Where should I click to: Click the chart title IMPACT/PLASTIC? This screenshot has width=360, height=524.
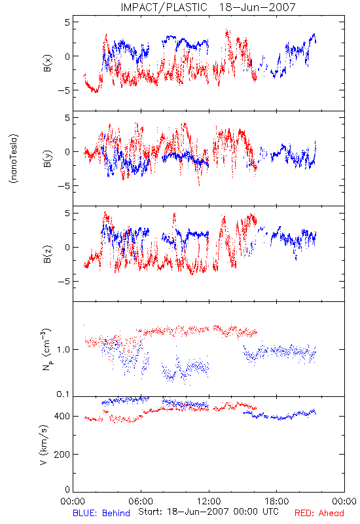(x=164, y=7)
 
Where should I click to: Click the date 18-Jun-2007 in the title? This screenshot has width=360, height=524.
(x=257, y=7)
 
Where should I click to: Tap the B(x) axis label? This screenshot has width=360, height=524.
(x=47, y=63)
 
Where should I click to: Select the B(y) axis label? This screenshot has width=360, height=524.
(x=47, y=159)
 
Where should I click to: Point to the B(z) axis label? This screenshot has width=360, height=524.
(x=47, y=254)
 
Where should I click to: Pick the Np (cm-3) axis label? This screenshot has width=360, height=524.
(x=46, y=349)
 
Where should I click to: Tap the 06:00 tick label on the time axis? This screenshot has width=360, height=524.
(x=141, y=501)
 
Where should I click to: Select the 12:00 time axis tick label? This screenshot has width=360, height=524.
(x=209, y=501)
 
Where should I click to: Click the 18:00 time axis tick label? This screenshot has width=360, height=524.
(x=277, y=501)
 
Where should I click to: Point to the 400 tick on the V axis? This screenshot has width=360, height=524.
(x=62, y=416)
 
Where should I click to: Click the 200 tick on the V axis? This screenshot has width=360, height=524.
(x=62, y=454)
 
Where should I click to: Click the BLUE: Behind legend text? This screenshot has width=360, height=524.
(x=101, y=513)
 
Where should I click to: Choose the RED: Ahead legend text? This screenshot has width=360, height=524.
(x=319, y=513)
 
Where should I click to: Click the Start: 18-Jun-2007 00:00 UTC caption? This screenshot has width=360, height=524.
(x=208, y=512)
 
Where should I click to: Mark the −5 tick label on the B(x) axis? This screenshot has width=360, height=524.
(x=63, y=90)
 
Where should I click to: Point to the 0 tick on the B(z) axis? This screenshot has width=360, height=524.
(x=67, y=248)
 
